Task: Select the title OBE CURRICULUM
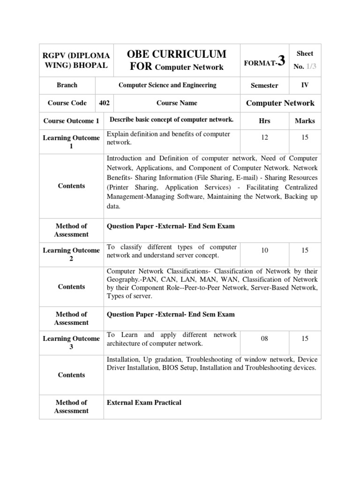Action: coord(177,53)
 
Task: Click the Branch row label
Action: coord(67,85)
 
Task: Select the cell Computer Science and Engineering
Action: coord(167,85)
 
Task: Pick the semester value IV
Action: coord(305,85)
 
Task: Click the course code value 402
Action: coord(104,103)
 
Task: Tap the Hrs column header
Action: coord(264,121)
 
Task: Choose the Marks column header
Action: coord(305,121)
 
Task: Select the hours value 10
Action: coord(264,251)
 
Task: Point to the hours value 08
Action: coord(264,339)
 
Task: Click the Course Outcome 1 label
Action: coord(71,121)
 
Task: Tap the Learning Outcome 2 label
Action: coord(71,255)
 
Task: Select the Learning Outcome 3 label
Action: coord(71,343)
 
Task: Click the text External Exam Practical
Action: coord(144,403)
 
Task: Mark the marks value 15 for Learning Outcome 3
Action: coord(305,339)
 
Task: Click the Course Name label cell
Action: coord(177,103)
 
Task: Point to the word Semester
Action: coord(264,85)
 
